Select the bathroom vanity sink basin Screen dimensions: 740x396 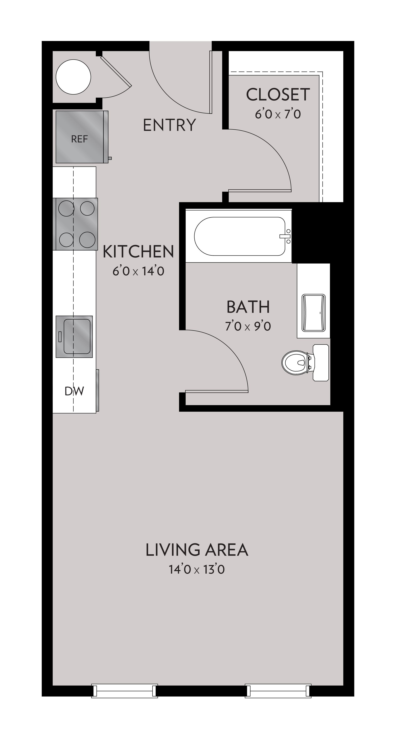click(313, 313)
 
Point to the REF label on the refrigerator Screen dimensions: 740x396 click(79, 139)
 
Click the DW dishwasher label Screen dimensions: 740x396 click(74, 391)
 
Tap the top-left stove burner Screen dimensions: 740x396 click(66, 208)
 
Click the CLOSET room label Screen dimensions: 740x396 click(278, 94)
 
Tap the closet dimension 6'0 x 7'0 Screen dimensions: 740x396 click(278, 114)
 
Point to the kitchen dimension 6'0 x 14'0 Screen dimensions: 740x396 click(138, 271)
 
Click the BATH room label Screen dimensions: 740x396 click(248, 307)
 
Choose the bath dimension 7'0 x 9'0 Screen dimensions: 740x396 click(248, 327)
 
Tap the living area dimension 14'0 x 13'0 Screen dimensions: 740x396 click(197, 569)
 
